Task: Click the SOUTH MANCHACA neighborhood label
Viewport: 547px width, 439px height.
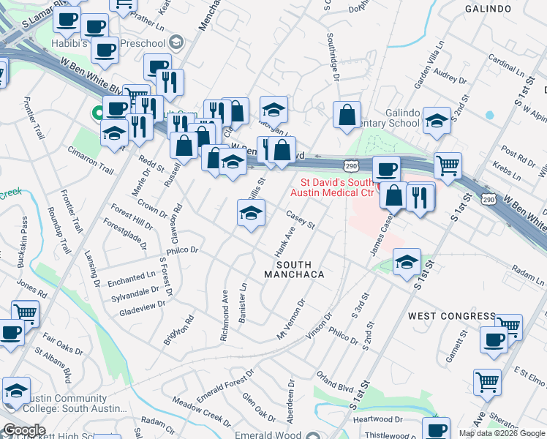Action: point(293,269)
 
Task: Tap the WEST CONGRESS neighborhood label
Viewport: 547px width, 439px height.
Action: point(452,316)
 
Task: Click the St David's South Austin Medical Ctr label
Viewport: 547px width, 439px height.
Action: point(333,187)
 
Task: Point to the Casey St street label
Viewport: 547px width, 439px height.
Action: point(300,219)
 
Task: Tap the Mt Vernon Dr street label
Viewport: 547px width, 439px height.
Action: point(291,319)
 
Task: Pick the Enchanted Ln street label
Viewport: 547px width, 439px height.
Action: point(132,279)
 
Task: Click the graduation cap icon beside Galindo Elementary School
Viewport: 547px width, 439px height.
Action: point(437,121)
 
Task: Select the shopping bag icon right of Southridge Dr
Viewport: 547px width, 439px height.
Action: point(347,116)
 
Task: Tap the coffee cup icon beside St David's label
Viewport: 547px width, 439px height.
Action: point(386,170)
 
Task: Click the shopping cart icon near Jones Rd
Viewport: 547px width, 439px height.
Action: point(25,312)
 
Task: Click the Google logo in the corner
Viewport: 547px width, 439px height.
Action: point(24,430)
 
